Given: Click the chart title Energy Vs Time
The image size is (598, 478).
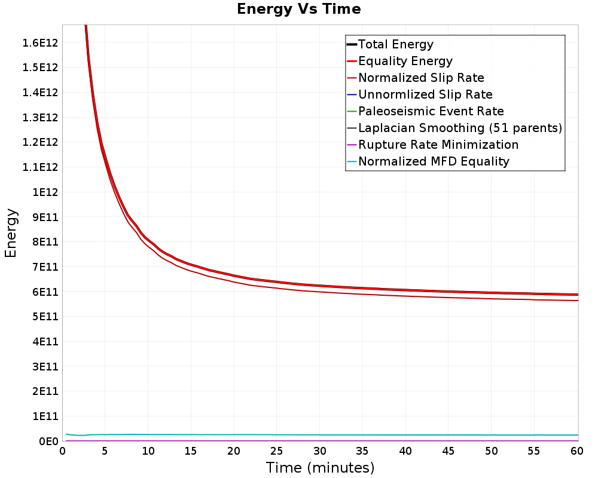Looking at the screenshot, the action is coord(298,9).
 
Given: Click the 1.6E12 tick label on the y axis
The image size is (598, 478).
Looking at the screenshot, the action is coord(40,42).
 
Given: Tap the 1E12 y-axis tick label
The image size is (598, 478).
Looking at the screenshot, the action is coord(45,192).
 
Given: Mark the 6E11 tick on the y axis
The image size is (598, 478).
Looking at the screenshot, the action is coord(45,292).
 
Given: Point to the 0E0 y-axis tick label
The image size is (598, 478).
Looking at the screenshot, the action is coord(48,442).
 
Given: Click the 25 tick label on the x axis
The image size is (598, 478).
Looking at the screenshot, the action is coord(276,451).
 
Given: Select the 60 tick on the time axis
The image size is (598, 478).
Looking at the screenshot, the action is coord(576,451).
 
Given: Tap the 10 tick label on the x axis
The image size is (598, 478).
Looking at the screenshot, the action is coord(148,451).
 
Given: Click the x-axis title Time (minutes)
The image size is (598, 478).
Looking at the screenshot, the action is coord(320,468).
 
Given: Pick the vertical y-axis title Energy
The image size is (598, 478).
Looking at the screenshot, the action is coord(11,233).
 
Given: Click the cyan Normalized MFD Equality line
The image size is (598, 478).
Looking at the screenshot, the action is coord(321,435).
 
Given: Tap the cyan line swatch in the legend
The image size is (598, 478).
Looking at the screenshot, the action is coord(352,161).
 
